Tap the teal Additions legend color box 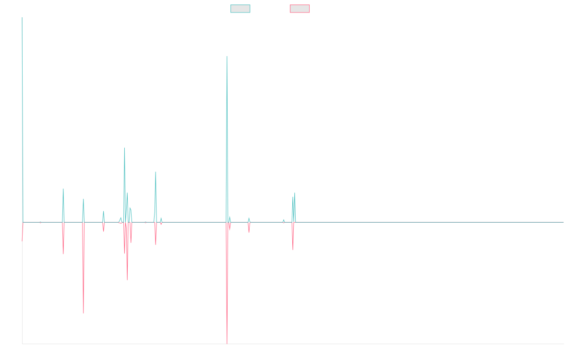click(240, 9)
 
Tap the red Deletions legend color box click(300, 9)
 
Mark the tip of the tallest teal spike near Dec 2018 click(227, 57)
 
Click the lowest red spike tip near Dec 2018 click(227, 343)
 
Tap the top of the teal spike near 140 click(124, 148)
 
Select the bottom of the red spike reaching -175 click(84, 313)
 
